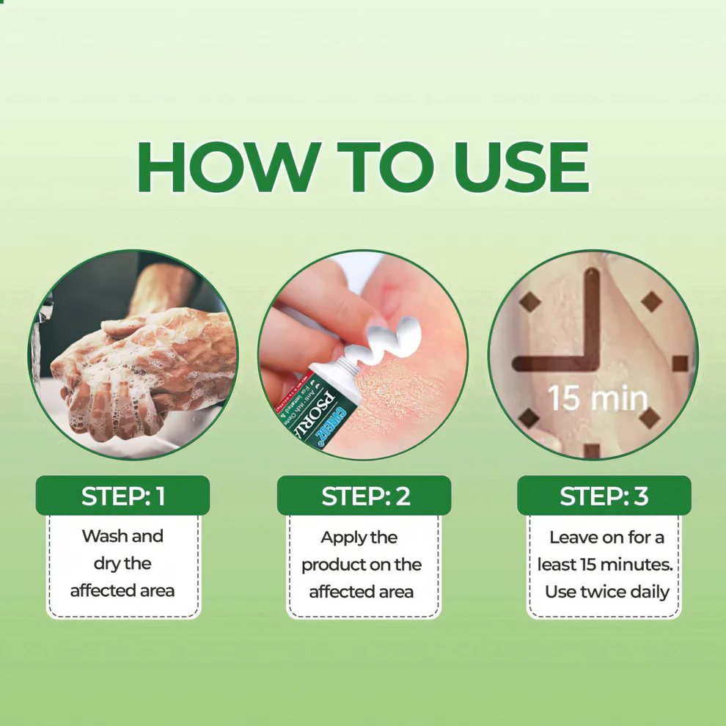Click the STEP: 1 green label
click(x=122, y=496)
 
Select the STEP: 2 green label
click(x=364, y=496)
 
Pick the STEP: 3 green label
click(x=604, y=496)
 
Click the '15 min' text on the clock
click(x=597, y=398)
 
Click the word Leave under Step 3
click(x=574, y=538)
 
